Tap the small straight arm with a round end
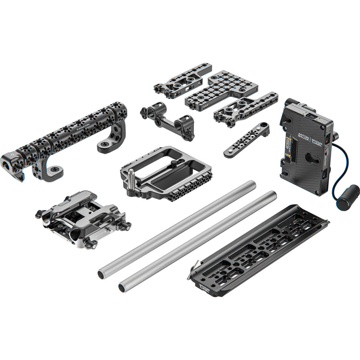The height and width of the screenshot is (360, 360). [246, 140]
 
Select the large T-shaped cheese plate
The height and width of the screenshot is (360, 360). [212, 90]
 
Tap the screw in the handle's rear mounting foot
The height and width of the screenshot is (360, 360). [105, 145]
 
